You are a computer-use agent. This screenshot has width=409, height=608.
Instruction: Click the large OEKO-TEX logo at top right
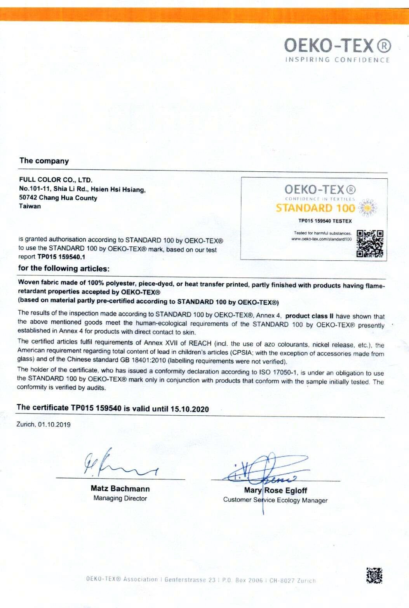[x=337, y=45]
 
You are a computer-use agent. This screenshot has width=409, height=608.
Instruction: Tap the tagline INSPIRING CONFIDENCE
[x=337, y=60]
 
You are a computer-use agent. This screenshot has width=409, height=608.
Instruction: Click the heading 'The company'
[x=44, y=161]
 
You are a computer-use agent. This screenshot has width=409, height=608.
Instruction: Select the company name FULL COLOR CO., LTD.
[x=56, y=180]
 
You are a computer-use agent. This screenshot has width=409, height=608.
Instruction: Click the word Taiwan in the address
[x=30, y=206]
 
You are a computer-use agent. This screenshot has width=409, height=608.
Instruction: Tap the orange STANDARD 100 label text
[x=315, y=208]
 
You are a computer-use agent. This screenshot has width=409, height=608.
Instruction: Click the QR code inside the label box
[x=370, y=244]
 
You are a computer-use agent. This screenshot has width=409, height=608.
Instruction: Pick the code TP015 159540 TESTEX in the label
[x=325, y=221]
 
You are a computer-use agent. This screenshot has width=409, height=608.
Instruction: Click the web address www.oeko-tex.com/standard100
[x=321, y=239]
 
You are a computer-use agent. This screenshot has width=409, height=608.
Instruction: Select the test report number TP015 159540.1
[x=61, y=257]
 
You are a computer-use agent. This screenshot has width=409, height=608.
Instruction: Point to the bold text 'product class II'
[x=309, y=316]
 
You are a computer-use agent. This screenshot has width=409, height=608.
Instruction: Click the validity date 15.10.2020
[x=190, y=409]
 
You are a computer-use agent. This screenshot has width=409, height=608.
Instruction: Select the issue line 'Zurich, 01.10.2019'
[x=44, y=424]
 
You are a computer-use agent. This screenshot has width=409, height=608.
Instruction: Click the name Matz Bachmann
[x=120, y=489]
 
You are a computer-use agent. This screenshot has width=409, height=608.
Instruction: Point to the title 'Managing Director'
[x=120, y=498]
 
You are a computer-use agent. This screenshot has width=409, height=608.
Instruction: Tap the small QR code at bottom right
[x=374, y=575]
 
